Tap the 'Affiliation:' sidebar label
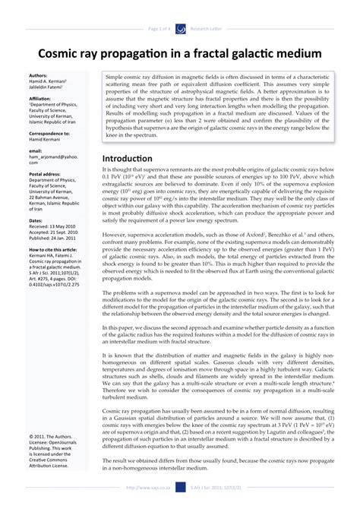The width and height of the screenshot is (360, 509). pyautogui.click(x=40, y=99)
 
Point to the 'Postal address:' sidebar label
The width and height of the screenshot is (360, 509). pyautogui.click(x=44, y=174)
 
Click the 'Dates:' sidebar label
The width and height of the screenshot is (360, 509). pyautogui.click(x=36, y=220)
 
